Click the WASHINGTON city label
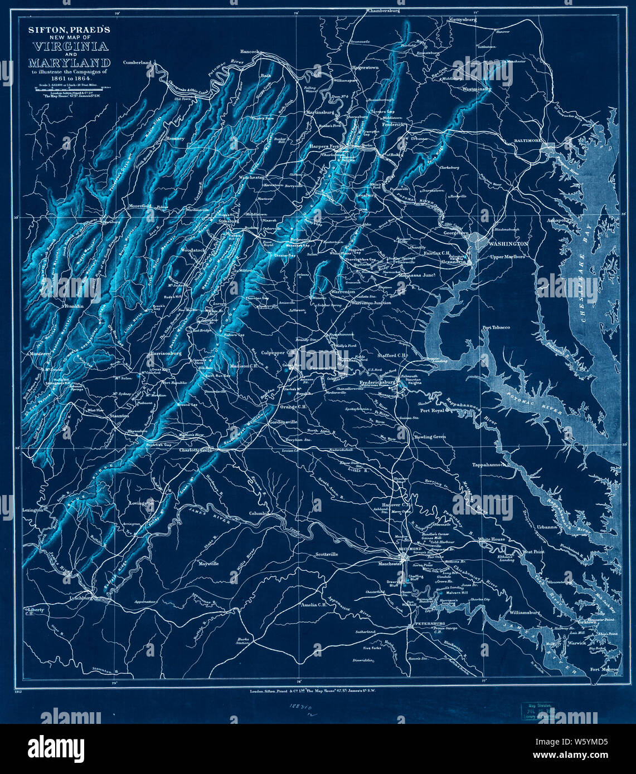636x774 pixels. point(508,244)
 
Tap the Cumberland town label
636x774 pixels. point(137,63)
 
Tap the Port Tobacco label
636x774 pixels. point(496,327)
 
